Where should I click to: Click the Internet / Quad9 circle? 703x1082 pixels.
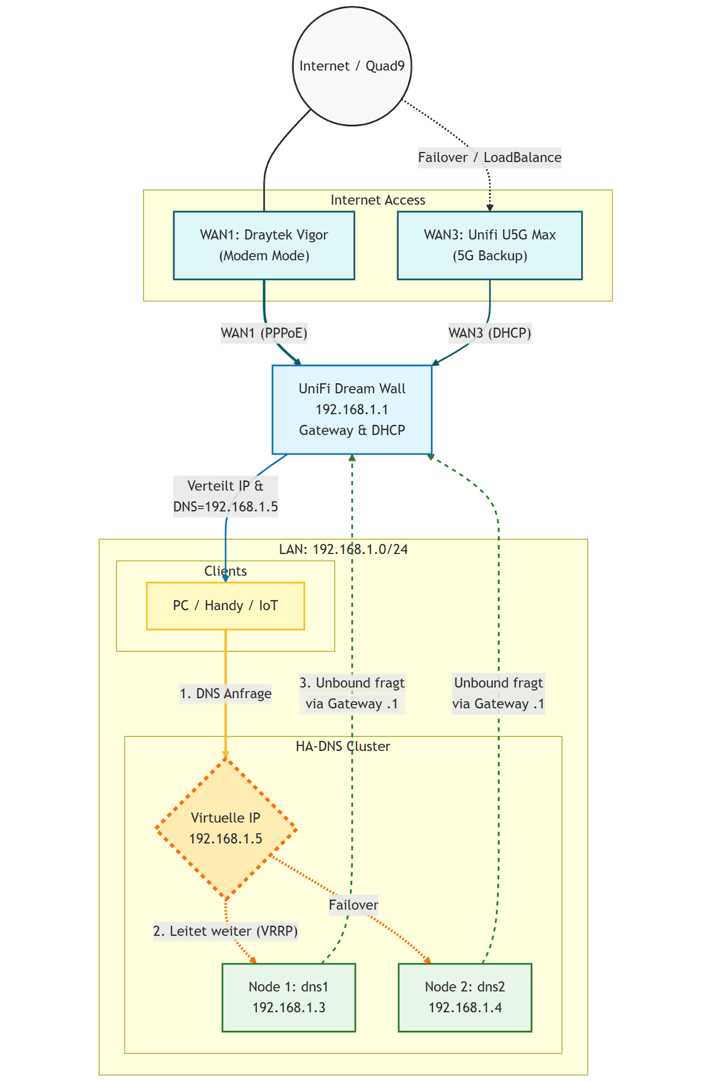tap(352, 66)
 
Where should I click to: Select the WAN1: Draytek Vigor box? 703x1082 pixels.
tap(264, 245)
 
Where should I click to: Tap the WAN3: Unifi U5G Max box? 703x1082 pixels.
tap(489, 245)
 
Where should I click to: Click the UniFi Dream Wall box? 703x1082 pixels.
tap(352, 410)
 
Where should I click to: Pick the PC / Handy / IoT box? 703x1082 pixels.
tap(225, 606)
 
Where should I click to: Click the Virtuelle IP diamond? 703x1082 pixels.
tap(225, 829)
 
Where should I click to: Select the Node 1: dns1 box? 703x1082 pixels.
tap(288, 997)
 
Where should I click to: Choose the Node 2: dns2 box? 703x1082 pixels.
tap(465, 997)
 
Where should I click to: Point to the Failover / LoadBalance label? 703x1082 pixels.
tap(489, 157)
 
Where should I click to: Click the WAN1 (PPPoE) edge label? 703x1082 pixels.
tap(264, 333)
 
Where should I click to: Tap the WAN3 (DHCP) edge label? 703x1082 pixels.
tap(489, 333)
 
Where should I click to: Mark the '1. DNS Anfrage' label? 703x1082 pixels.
tap(225, 694)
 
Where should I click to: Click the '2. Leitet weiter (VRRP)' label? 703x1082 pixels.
tap(225, 931)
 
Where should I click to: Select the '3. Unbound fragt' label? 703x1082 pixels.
tap(352, 693)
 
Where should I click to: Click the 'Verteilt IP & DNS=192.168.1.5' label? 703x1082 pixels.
tap(225, 496)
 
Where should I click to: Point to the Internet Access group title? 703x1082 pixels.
tap(378, 200)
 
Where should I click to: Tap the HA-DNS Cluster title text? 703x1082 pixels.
tap(343, 746)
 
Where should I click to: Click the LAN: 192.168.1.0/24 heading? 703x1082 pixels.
tap(343, 549)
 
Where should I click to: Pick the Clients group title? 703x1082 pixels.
tap(225, 571)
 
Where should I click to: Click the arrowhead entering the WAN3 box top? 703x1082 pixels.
tap(489, 208)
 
